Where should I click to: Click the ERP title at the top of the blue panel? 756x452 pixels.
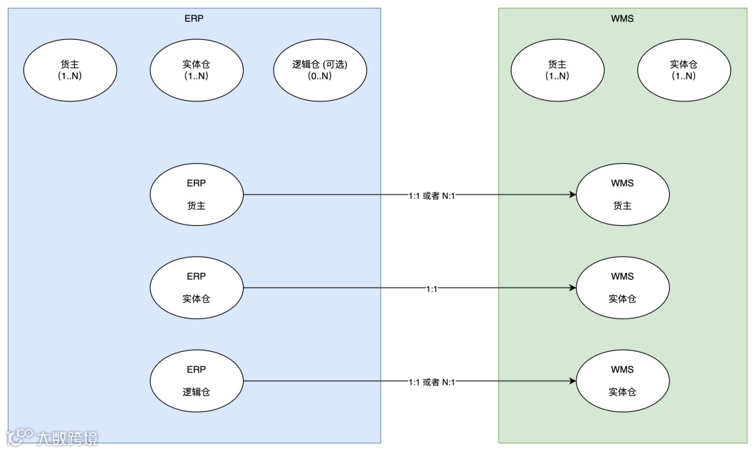point(195,19)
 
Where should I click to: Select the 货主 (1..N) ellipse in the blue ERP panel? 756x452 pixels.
point(70,70)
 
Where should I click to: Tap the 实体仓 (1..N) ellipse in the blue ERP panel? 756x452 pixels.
point(197,70)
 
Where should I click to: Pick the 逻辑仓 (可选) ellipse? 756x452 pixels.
point(319,70)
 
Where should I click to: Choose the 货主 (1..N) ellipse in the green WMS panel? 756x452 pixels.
point(557,70)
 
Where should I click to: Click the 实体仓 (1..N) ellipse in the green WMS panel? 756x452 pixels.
point(683,70)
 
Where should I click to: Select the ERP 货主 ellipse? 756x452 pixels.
point(197,195)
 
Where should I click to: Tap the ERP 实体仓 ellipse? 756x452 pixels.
point(197,288)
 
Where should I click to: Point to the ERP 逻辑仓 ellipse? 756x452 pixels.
point(197,381)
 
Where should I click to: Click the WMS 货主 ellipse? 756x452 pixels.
point(622,195)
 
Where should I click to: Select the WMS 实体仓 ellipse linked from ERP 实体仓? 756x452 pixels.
point(622,288)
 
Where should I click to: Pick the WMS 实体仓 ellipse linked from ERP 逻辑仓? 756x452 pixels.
point(622,381)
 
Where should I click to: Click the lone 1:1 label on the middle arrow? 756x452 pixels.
point(432,288)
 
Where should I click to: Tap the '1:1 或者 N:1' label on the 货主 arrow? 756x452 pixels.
point(432,195)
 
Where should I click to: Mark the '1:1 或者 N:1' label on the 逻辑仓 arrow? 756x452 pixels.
point(432,381)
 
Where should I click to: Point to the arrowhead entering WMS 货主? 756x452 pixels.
point(572,195)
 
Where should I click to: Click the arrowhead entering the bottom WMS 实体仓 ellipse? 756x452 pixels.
point(572,381)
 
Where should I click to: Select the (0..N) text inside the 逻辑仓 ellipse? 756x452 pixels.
point(319,76)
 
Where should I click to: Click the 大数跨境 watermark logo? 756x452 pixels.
point(52,437)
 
